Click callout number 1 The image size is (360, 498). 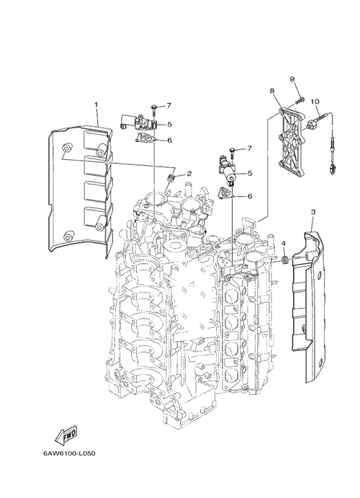tap(96, 104)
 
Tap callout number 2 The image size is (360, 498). tap(189, 174)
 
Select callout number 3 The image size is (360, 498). tap(313, 212)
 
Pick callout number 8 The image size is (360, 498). tap(272, 91)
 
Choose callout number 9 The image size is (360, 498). tap(292, 79)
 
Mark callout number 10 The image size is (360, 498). tap(315, 102)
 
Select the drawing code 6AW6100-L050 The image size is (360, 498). tap(69, 453)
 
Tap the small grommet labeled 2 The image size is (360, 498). tap(171, 178)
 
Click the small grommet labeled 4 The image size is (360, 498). tap(285, 260)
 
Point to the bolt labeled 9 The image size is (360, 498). tap(299, 100)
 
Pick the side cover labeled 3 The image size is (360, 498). tap(308, 306)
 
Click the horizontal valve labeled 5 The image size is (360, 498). tap(138, 123)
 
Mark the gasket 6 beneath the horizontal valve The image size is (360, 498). tap(144, 138)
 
